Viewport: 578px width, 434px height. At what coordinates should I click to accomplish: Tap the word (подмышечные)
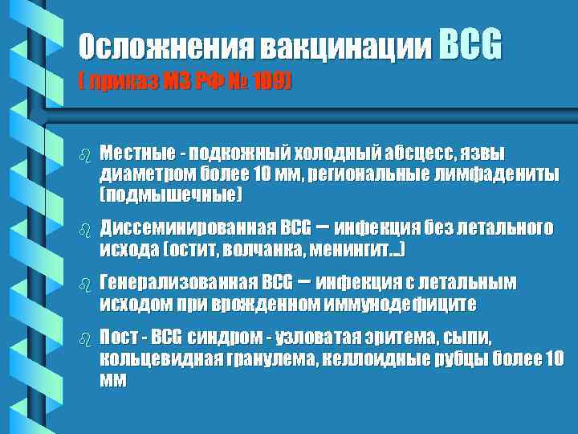[170, 194]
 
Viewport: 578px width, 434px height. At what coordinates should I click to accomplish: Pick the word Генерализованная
[177, 284]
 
